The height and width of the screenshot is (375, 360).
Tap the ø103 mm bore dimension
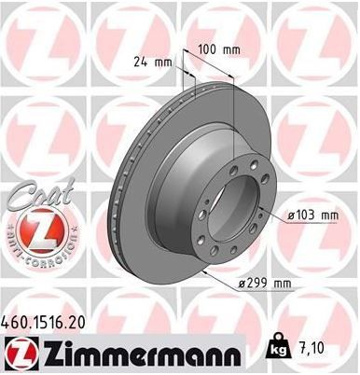coord(312,215)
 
